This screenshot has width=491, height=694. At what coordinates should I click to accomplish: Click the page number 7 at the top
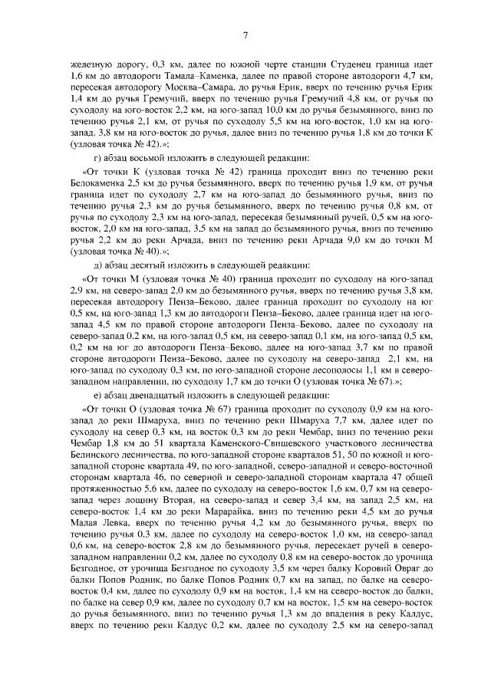click(245, 34)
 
